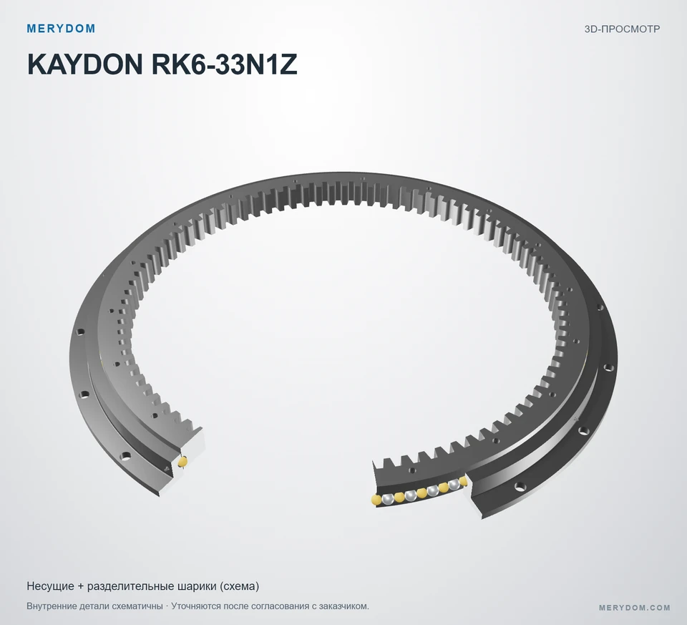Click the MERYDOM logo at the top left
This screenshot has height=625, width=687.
point(61,29)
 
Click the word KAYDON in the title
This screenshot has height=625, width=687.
point(84,64)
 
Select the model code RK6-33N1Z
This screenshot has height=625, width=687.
point(224,64)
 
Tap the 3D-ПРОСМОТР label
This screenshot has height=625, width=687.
point(622,29)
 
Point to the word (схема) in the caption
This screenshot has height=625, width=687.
point(239,586)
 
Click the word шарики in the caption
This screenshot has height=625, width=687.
point(195,586)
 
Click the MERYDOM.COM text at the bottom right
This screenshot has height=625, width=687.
point(635,608)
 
